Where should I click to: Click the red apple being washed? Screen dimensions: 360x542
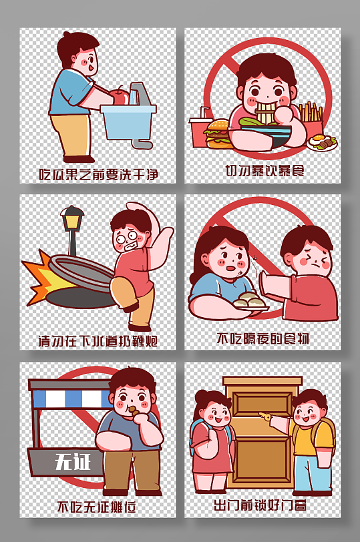point(120,95)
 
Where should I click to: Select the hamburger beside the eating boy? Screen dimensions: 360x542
point(216,133)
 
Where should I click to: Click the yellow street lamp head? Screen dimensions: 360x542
point(72,218)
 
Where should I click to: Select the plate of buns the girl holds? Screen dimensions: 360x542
point(250,302)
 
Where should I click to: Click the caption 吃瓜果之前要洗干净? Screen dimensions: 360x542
point(98,174)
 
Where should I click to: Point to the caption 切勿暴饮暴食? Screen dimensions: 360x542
point(264,170)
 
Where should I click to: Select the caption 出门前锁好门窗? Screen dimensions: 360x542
point(260,505)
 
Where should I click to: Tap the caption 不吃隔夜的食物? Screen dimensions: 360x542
point(262,338)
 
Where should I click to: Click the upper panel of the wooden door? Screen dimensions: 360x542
point(262,406)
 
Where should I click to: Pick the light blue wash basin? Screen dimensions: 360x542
point(128,122)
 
